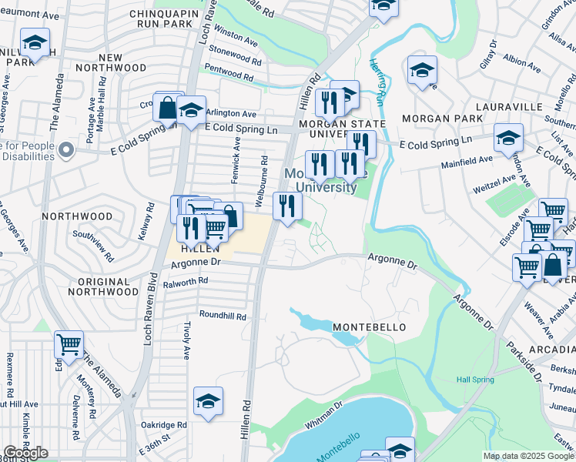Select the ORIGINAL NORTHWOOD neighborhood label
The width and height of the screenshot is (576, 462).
(102, 286)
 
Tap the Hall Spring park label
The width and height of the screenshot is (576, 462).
(473, 380)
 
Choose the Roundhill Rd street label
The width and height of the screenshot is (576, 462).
(223, 316)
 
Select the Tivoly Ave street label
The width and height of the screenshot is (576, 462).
(186, 341)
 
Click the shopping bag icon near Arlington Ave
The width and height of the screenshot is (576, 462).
(167, 108)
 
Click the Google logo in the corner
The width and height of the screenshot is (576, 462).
(25, 453)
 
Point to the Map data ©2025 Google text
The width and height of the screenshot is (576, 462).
(528, 456)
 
